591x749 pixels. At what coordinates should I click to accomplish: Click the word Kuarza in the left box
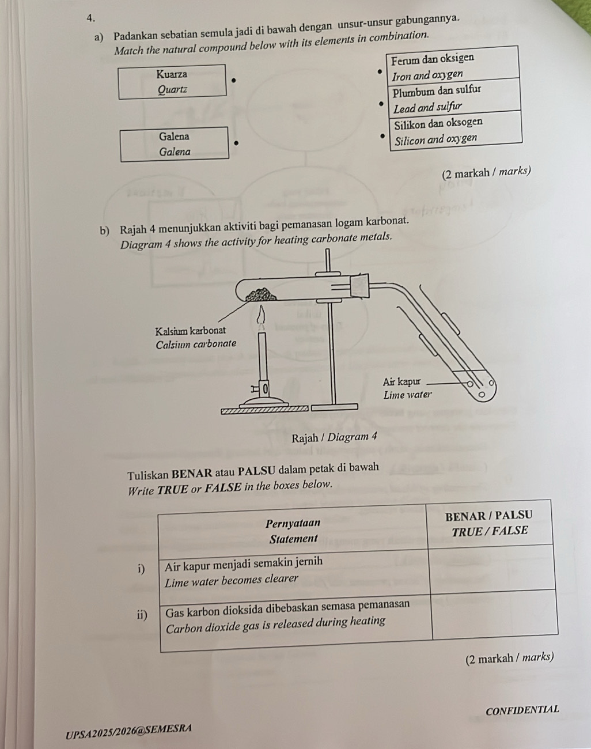(x=172, y=74)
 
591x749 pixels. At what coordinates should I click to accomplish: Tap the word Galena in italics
(x=175, y=152)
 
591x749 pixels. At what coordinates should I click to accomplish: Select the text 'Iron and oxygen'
(x=427, y=75)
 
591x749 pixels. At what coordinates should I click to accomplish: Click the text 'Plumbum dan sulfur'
(x=437, y=91)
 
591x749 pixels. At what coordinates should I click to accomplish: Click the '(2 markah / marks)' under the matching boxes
(x=486, y=171)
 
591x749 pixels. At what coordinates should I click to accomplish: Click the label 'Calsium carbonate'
(x=196, y=344)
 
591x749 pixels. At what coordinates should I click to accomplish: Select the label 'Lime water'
(x=407, y=395)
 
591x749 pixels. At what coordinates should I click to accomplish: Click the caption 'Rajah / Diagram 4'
(x=334, y=437)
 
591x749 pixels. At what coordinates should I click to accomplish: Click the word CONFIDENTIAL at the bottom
(x=522, y=710)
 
